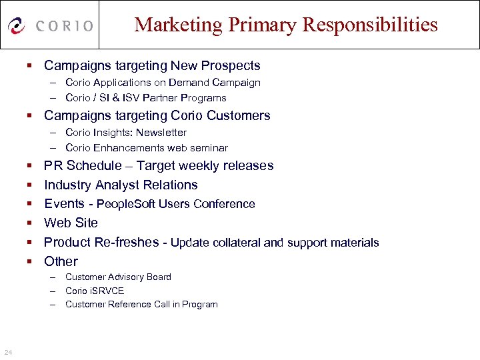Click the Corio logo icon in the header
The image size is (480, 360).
click(17, 26)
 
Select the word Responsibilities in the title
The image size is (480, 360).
click(370, 25)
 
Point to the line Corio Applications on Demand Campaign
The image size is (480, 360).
click(163, 83)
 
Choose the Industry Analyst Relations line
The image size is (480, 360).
click(121, 185)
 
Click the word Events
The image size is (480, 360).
click(64, 203)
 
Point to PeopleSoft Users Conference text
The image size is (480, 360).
click(176, 204)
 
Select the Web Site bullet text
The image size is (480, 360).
click(71, 223)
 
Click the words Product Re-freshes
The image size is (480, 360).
click(101, 242)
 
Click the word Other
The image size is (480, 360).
click(61, 261)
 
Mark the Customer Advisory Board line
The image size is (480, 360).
click(118, 277)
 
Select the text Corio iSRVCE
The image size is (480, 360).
click(95, 291)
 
